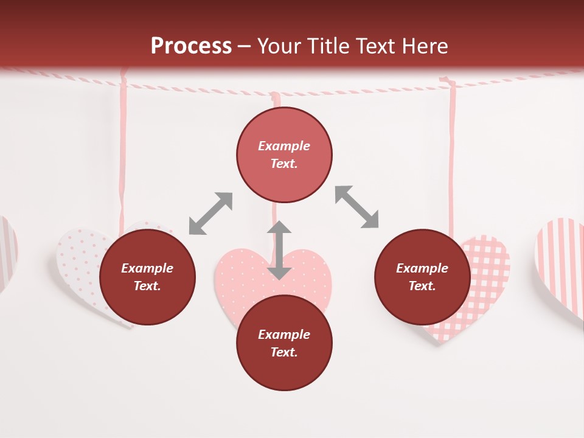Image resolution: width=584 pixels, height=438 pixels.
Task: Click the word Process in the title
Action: pos(191,46)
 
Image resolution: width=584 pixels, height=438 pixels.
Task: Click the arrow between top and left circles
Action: pos(210,213)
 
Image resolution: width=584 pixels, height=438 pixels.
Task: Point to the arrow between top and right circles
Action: pos(356,207)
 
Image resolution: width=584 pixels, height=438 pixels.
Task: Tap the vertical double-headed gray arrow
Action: pos(279,250)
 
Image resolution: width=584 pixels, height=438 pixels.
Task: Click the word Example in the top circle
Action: pos(284,146)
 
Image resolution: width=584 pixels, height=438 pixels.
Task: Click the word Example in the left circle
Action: pos(147,268)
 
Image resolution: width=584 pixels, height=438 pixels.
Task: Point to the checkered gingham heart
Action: pos(487,286)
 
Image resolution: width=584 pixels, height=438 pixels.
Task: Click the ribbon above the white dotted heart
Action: pos(123,152)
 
